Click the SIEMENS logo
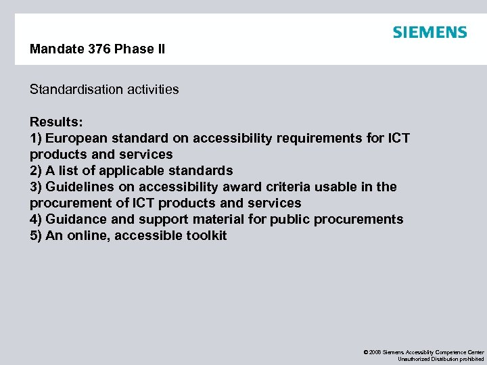(x=430, y=32)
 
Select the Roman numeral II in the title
(x=160, y=49)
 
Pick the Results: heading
(x=56, y=122)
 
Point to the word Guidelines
(x=80, y=187)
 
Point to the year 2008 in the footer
(x=375, y=353)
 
